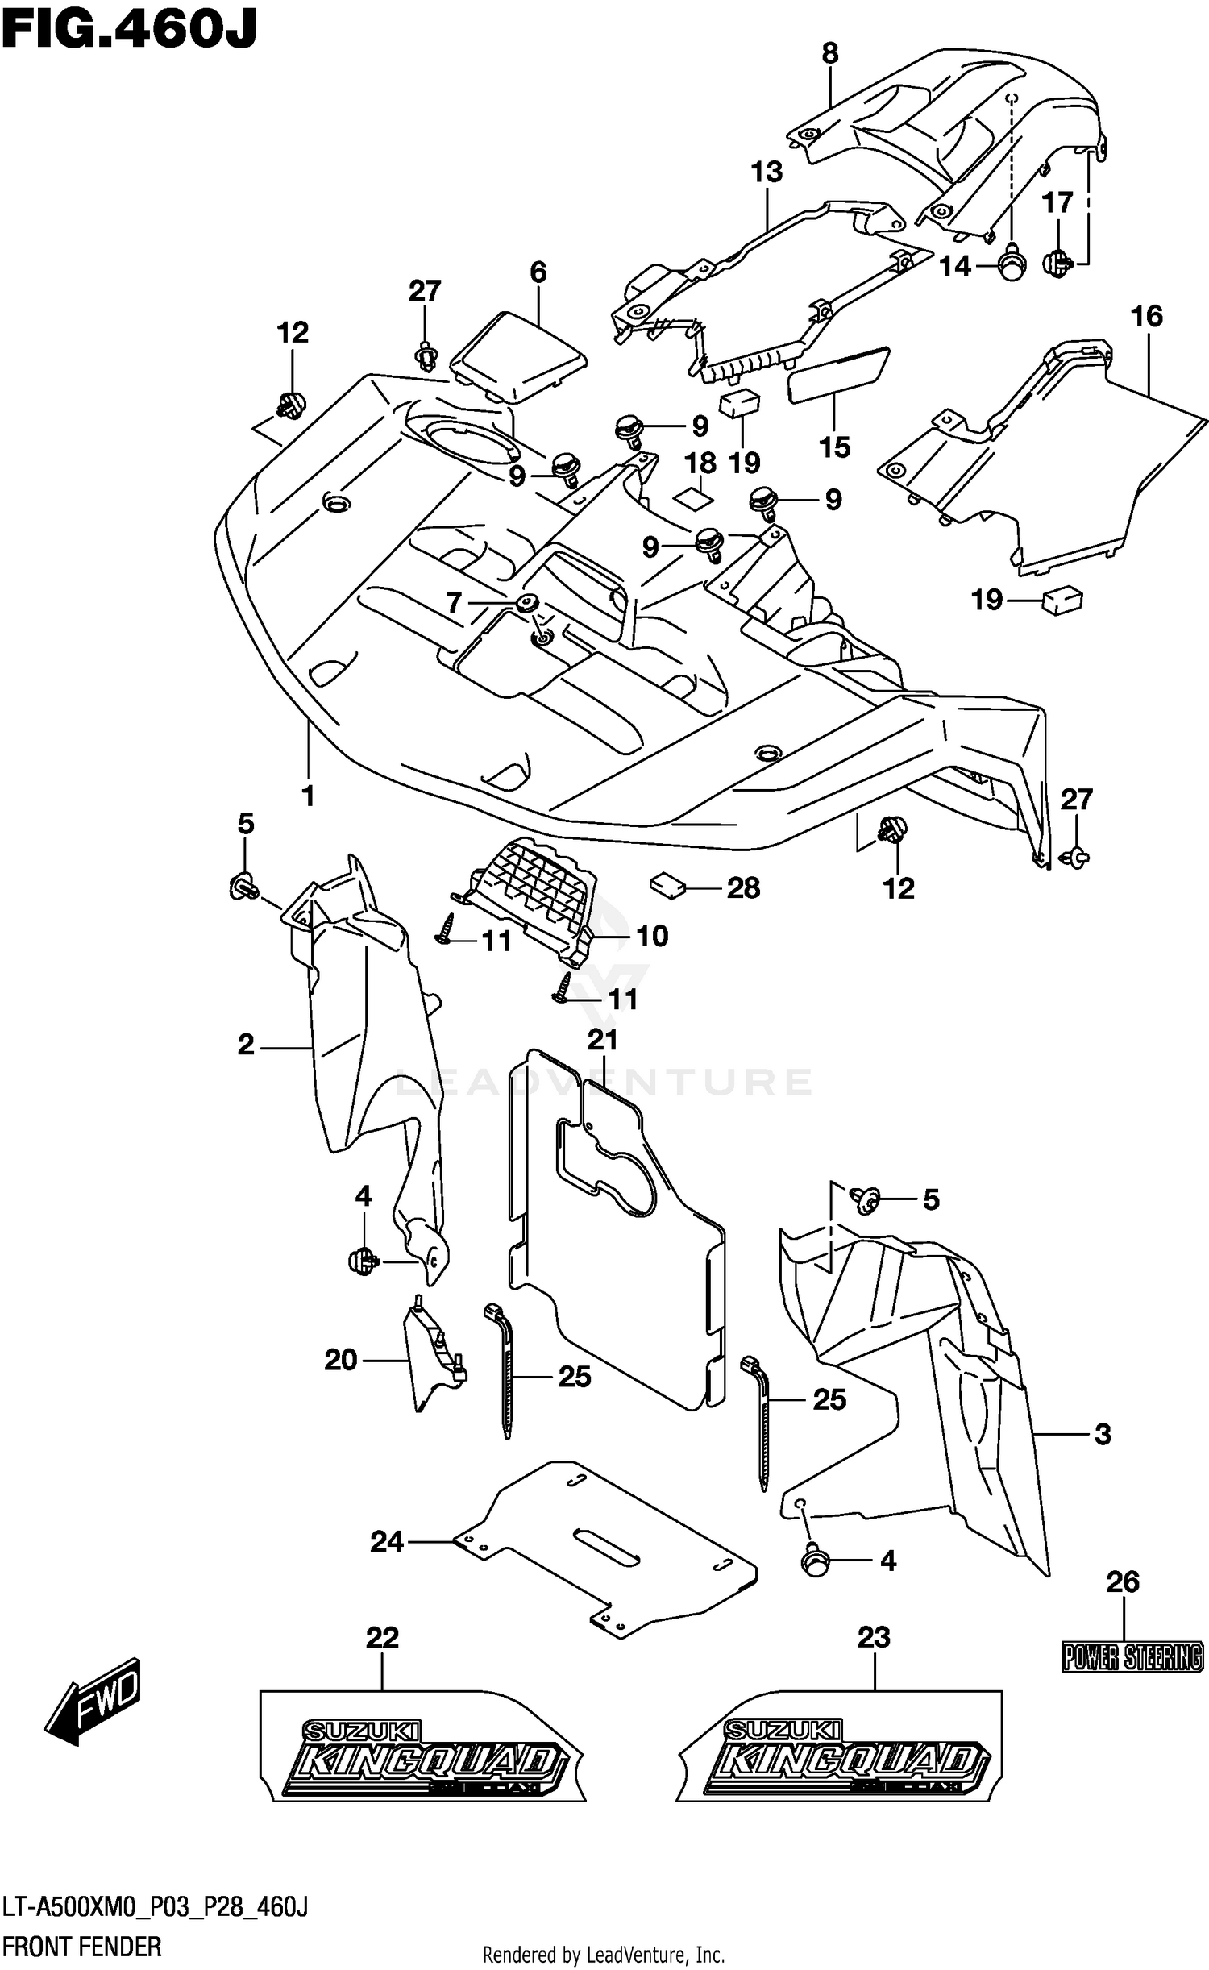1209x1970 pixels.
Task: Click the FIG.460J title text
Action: tap(129, 30)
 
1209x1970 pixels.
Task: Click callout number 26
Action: tap(1122, 1582)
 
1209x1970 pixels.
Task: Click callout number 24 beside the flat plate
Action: tap(387, 1541)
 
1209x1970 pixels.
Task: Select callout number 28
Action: tap(743, 888)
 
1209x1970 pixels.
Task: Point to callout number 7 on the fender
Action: tap(454, 602)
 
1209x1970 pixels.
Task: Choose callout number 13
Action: tap(767, 172)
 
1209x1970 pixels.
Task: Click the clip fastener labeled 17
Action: tap(1058, 263)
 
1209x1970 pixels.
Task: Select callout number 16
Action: tap(1146, 316)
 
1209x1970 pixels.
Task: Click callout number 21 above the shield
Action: tap(602, 1040)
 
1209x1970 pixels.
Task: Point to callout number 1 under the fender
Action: tap(308, 796)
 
